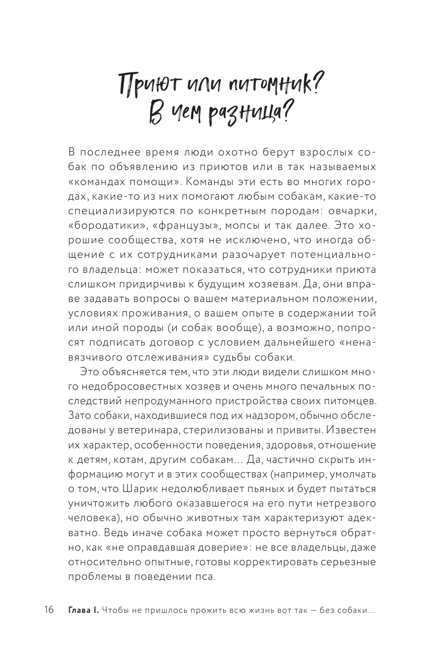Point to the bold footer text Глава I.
[x=82, y=610]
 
